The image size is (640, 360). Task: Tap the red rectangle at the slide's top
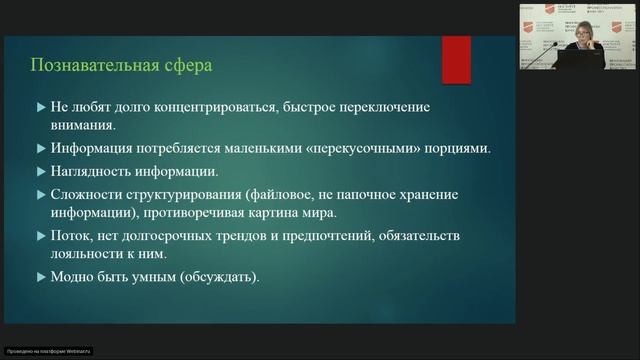(456, 59)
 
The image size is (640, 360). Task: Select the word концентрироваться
(198, 106)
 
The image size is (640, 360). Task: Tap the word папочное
(357, 194)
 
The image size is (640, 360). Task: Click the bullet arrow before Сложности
(39, 194)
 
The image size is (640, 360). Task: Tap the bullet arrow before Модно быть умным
(39, 276)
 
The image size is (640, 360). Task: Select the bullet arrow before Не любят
(39, 106)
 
